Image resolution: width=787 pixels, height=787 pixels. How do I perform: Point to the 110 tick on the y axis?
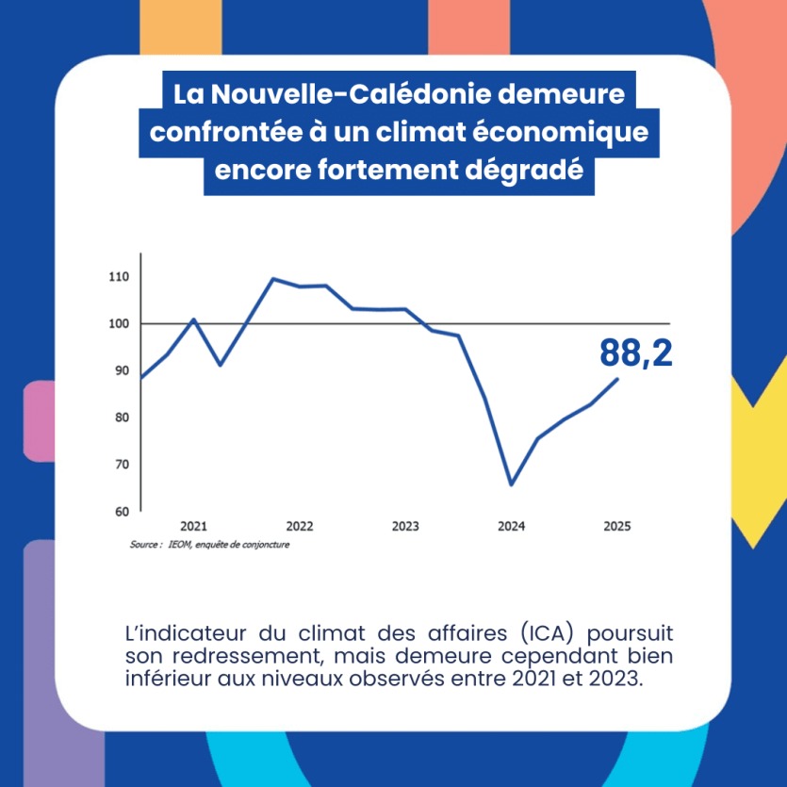click(x=118, y=277)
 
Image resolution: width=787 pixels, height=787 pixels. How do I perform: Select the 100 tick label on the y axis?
click(x=118, y=324)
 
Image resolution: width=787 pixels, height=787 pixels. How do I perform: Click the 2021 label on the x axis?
click(x=193, y=526)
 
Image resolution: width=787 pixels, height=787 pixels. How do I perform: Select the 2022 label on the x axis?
click(x=300, y=526)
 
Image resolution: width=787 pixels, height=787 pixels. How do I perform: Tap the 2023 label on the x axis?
click(x=405, y=526)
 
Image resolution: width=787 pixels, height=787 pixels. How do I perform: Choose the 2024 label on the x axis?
click(x=512, y=526)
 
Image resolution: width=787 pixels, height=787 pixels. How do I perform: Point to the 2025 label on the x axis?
click(x=617, y=526)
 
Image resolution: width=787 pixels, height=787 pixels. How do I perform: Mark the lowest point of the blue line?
click(x=511, y=484)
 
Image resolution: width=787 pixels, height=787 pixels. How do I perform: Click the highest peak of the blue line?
click(x=272, y=279)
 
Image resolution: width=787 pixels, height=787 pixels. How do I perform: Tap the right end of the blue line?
click(x=617, y=379)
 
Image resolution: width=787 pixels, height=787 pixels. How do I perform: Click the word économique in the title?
click(x=559, y=133)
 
